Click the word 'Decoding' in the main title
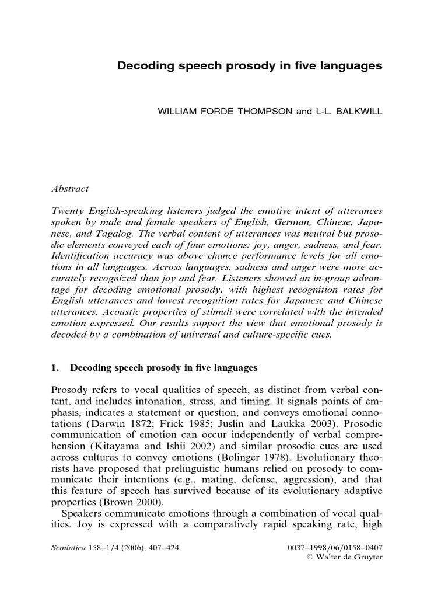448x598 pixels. coord(143,67)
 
